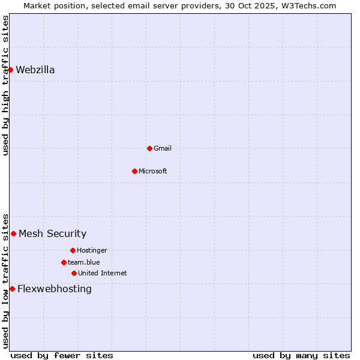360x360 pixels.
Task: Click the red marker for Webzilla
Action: pyautogui.click(x=10, y=70)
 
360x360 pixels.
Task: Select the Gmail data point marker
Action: pyautogui.click(x=149, y=148)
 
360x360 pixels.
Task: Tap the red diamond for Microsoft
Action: pyautogui.click(x=134, y=171)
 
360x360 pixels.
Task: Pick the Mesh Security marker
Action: pyautogui.click(x=13, y=233)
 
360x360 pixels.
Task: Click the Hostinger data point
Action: pyautogui.click(x=73, y=250)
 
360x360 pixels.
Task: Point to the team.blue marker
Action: pyautogui.click(x=64, y=262)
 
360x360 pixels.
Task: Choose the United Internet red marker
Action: pyautogui.click(x=74, y=273)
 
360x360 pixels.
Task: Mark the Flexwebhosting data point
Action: pyautogui.click(x=12, y=289)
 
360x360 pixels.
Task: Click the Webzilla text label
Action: pyautogui.click(x=35, y=70)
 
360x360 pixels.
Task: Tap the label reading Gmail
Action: pyautogui.click(x=163, y=148)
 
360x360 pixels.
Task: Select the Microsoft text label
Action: pyautogui.click(x=153, y=171)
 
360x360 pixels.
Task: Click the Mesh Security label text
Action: pyautogui.click(x=53, y=233)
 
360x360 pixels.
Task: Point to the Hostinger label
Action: pyautogui.click(x=92, y=250)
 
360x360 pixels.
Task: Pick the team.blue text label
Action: pyautogui.click(x=84, y=262)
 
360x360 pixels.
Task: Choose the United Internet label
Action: pyautogui.click(x=103, y=273)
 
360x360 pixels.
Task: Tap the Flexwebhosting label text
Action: pyautogui.click(x=55, y=289)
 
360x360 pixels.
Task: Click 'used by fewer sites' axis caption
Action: pyautogui.click(x=62, y=355)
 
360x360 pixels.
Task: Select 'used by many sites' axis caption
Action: pyautogui.click(x=301, y=355)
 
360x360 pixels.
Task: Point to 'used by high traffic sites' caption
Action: pyautogui.click(x=5, y=85)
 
